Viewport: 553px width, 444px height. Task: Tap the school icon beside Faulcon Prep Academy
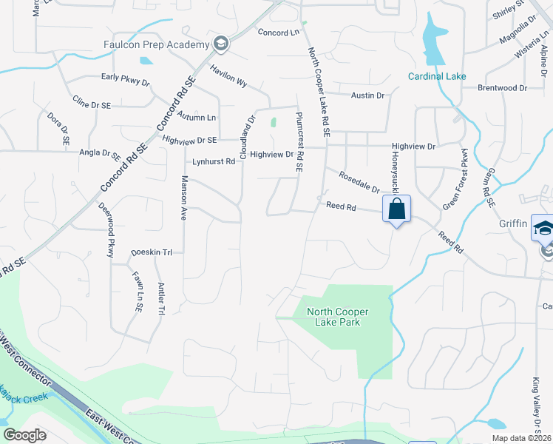[220, 44]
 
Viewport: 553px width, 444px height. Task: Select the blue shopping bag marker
[397, 209]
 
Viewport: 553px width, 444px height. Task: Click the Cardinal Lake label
[437, 76]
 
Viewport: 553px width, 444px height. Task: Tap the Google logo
[24, 435]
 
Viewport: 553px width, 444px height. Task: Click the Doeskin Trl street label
[151, 252]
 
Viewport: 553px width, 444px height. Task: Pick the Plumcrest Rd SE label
[299, 142]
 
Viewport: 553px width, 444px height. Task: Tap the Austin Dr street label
[368, 95]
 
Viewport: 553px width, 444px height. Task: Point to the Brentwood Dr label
[502, 88]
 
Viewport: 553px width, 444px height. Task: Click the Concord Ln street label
[278, 33]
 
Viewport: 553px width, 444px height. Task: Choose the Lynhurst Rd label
[213, 161]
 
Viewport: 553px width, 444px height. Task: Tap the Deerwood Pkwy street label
[106, 229]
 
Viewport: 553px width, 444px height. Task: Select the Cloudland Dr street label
[246, 137]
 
